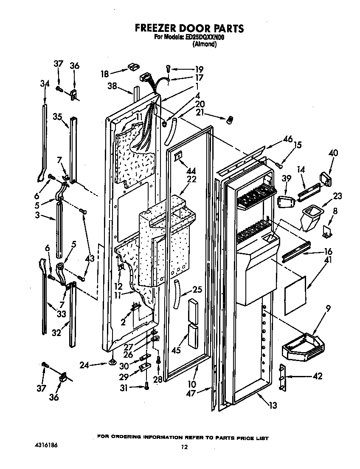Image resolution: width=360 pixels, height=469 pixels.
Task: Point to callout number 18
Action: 104,73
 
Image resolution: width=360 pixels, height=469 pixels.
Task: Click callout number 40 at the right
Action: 333,153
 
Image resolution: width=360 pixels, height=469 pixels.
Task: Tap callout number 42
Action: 317,376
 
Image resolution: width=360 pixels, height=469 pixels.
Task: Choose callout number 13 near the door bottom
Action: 273,405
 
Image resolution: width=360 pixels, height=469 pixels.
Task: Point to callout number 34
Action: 45,84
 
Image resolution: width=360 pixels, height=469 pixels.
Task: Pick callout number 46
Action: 288,139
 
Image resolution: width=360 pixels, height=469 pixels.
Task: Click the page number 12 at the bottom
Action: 183,446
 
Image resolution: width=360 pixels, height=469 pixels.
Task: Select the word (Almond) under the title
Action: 205,44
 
